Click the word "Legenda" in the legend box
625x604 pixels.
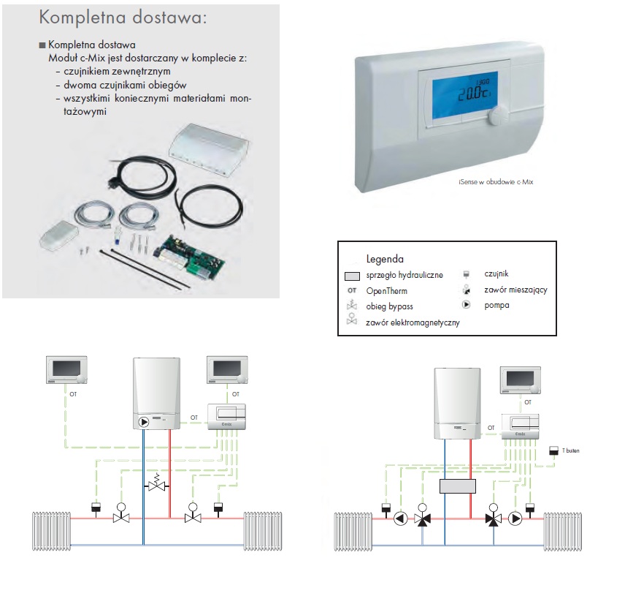385,259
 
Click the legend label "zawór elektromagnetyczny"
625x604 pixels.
413,322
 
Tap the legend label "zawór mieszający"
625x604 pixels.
515,290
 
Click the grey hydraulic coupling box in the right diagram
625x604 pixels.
458,486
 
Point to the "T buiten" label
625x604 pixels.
572,451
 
